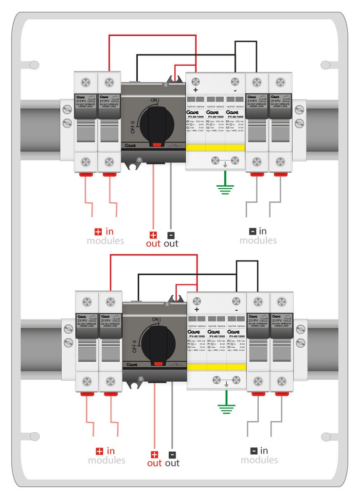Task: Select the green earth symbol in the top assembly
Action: pos(224,187)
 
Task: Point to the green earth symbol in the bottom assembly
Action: pos(226,407)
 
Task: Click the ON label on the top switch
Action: pos(154,100)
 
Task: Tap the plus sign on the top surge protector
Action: pos(196,90)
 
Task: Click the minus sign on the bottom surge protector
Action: pos(236,310)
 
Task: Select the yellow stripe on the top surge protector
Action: pos(215,148)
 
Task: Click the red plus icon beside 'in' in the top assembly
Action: pos(98,231)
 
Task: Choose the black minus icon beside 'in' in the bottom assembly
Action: pos(254,451)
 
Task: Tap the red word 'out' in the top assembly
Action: pos(153,243)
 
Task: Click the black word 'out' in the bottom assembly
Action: pos(172,463)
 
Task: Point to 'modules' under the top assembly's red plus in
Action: pos(105,241)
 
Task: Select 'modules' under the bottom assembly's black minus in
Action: pos(259,460)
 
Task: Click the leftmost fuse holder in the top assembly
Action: pos(86,122)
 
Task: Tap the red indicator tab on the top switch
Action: pos(157,144)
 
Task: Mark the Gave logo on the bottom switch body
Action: pos(130,364)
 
